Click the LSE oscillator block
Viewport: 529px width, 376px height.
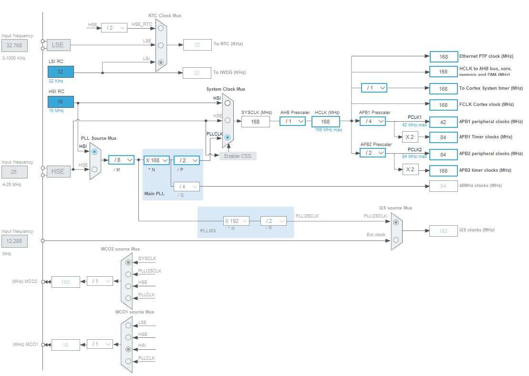tap(58, 45)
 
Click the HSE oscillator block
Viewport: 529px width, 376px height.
tap(58, 171)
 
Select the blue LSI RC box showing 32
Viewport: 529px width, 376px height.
tap(61, 72)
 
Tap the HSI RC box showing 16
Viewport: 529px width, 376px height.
tap(61, 102)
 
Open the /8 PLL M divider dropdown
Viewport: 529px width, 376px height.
tap(121, 160)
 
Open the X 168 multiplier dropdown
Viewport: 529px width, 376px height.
tap(157, 160)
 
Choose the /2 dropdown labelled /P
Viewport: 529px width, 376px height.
tap(187, 160)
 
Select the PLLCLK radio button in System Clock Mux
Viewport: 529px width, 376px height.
tap(228, 137)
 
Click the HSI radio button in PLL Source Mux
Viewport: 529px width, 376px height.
tap(94, 152)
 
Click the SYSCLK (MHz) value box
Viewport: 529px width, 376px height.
tap(256, 122)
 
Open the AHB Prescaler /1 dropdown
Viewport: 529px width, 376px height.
tap(292, 121)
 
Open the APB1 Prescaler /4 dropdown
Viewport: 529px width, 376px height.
tap(373, 121)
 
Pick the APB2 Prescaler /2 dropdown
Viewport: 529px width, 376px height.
tap(373, 153)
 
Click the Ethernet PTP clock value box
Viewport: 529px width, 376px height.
tap(444, 57)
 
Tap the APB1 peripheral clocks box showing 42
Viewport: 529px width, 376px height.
tap(443, 122)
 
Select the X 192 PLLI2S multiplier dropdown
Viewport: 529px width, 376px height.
tap(237, 221)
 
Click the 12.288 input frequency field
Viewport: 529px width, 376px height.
tap(14, 241)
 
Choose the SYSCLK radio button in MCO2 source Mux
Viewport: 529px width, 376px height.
tap(128, 262)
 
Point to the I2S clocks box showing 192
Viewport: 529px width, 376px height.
tap(443, 231)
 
